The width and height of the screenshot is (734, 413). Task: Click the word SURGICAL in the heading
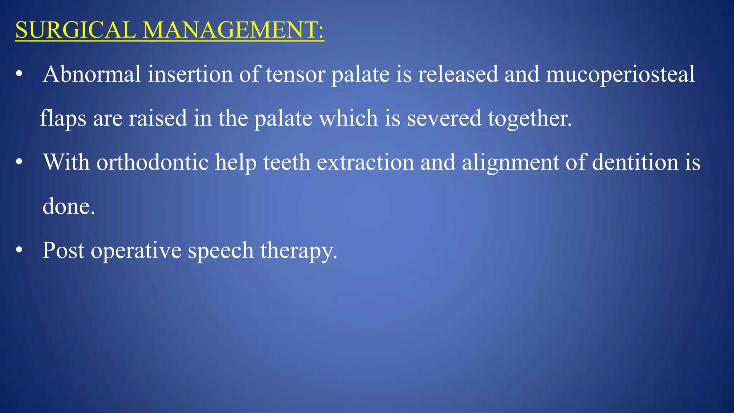(x=76, y=30)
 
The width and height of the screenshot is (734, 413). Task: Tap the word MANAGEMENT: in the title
(x=233, y=30)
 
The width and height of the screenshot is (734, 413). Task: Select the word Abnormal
(x=92, y=74)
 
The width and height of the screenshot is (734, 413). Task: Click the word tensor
(x=295, y=74)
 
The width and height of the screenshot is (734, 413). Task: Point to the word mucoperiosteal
(x=620, y=74)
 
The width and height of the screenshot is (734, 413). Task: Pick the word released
(x=458, y=74)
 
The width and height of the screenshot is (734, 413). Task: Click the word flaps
(x=63, y=118)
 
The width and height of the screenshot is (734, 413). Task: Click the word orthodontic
(x=152, y=162)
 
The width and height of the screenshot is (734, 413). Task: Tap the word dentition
(x=635, y=162)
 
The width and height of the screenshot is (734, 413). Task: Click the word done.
(x=68, y=206)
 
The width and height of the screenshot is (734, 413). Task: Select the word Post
(x=63, y=250)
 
